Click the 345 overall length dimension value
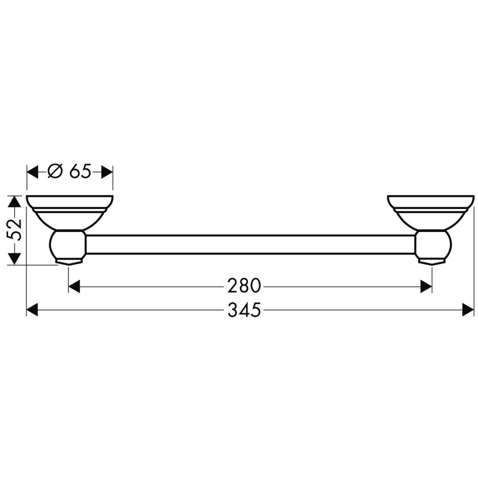tap(244, 310)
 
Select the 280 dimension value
tap(244, 286)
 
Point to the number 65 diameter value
tap(80, 171)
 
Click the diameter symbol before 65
tap(55, 171)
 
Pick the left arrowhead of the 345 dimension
tap(33, 310)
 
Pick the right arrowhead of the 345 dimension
tap(468, 310)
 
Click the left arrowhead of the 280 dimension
tap(75, 286)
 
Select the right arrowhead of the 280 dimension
tap(426, 286)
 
